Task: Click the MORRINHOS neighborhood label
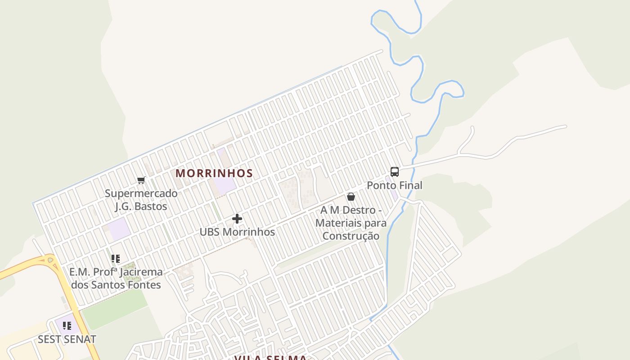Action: point(214,173)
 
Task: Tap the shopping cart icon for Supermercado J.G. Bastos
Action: point(141,180)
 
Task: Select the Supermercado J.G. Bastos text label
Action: point(141,200)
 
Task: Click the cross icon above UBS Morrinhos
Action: point(237,219)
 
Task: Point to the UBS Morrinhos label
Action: point(237,232)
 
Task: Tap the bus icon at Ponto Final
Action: point(395,171)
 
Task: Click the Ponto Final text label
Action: point(395,185)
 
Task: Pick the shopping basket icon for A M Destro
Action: point(351,197)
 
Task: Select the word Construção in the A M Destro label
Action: point(351,236)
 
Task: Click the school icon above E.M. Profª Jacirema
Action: point(116,259)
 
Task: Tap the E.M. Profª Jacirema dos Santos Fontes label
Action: point(116,279)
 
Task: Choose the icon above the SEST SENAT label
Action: point(67,326)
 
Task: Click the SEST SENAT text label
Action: point(67,339)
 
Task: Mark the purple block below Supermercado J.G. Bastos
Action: point(119,229)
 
